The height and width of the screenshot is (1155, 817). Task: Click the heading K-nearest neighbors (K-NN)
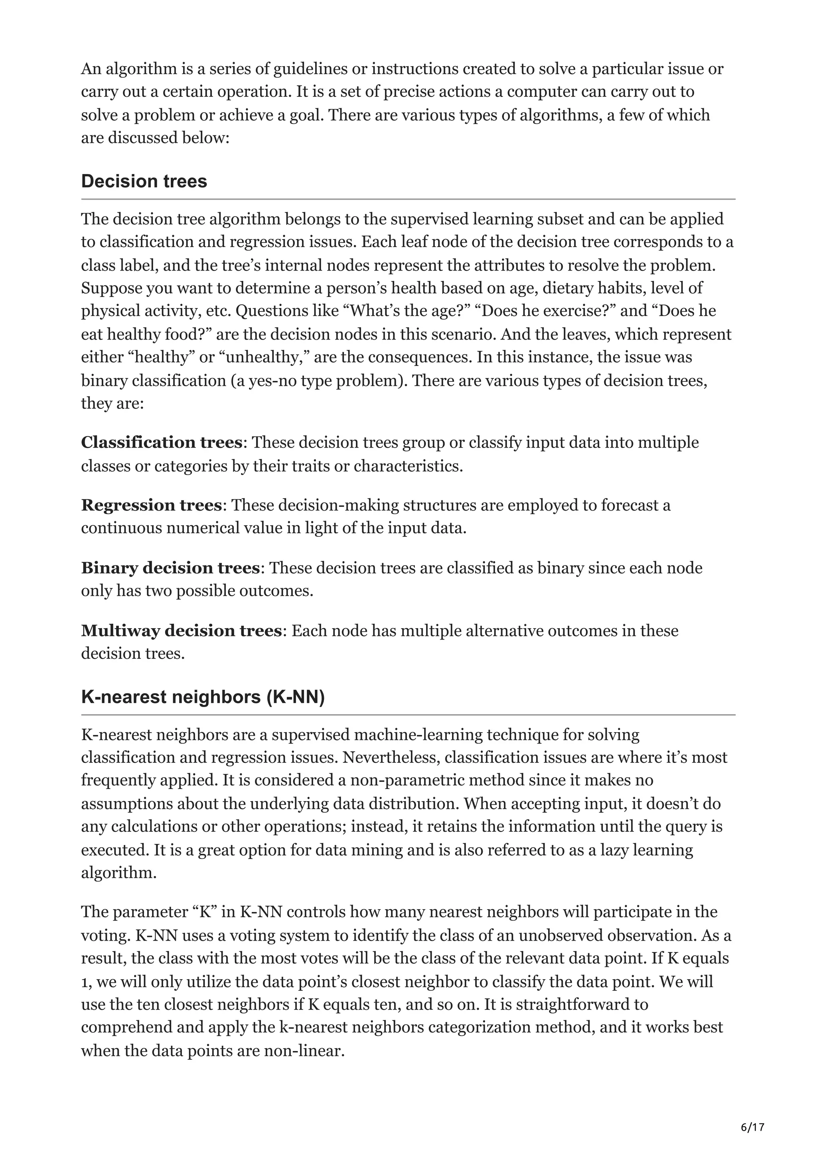tap(203, 697)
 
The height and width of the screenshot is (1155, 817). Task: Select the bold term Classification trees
tap(162, 443)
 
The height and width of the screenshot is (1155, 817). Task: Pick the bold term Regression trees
tap(152, 505)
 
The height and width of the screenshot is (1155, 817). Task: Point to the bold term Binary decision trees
tap(170, 568)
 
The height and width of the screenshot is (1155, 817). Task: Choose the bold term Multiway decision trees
tap(181, 631)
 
